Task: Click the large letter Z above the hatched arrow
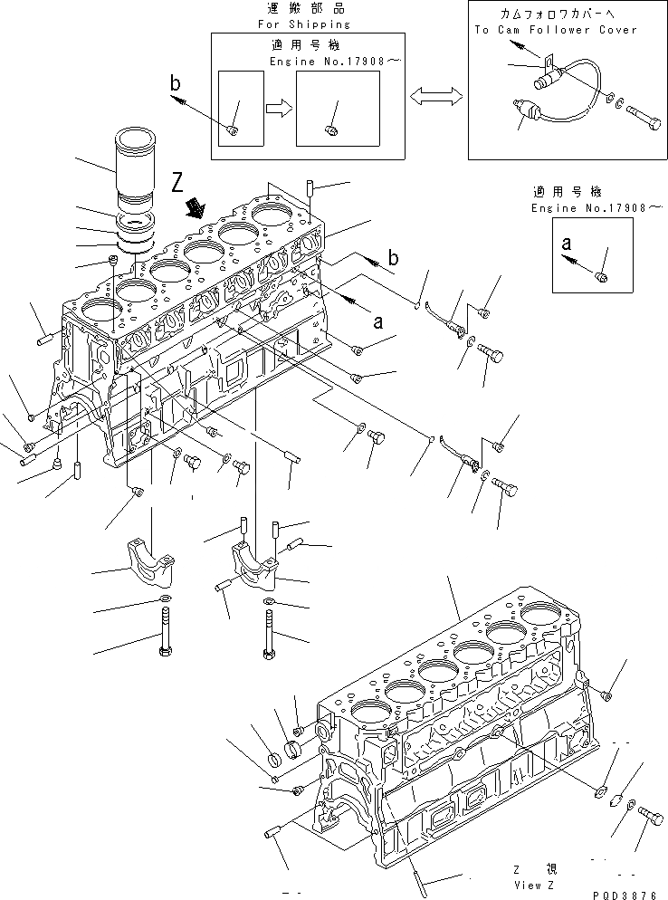click(x=179, y=186)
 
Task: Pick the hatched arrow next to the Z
click(x=194, y=211)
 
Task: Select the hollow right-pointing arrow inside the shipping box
click(x=279, y=109)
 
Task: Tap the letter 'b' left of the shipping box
click(x=175, y=84)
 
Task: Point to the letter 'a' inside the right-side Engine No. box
click(x=566, y=243)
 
